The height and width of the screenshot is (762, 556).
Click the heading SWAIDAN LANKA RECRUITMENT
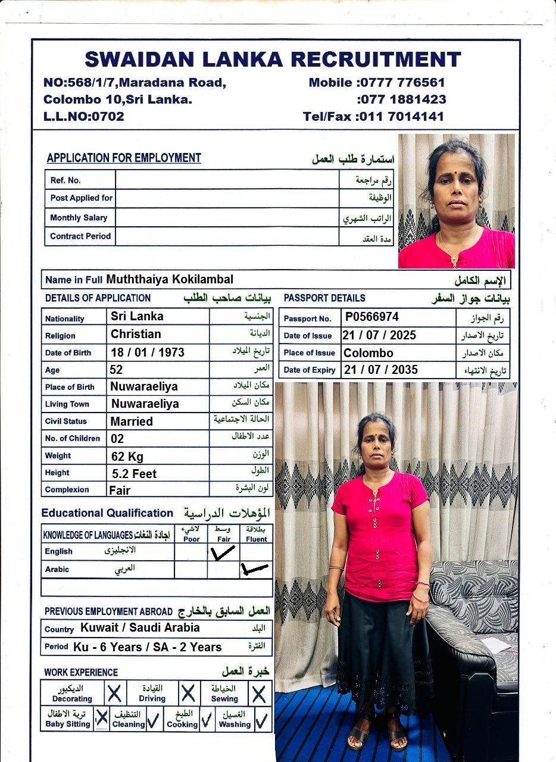[273, 60]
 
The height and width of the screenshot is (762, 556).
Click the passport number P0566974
[372, 317]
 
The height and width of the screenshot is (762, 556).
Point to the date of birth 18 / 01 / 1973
[148, 352]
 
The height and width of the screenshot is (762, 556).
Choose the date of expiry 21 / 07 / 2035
[380, 370]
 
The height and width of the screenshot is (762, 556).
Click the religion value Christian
[136, 334]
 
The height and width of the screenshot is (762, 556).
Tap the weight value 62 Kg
[127, 457]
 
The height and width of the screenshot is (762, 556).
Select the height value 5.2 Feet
[134, 474]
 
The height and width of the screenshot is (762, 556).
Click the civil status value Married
[132, 421]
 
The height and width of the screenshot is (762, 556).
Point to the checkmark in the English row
[223, 553]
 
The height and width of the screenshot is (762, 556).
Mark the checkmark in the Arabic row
[254, 570]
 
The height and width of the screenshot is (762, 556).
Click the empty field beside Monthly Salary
[227, 217]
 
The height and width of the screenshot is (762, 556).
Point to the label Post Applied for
[81, 198]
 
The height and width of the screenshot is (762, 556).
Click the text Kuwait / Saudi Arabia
[140, 628]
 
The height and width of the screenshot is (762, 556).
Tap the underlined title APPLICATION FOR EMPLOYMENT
[124, 158]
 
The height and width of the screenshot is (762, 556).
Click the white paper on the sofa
[495, 645]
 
